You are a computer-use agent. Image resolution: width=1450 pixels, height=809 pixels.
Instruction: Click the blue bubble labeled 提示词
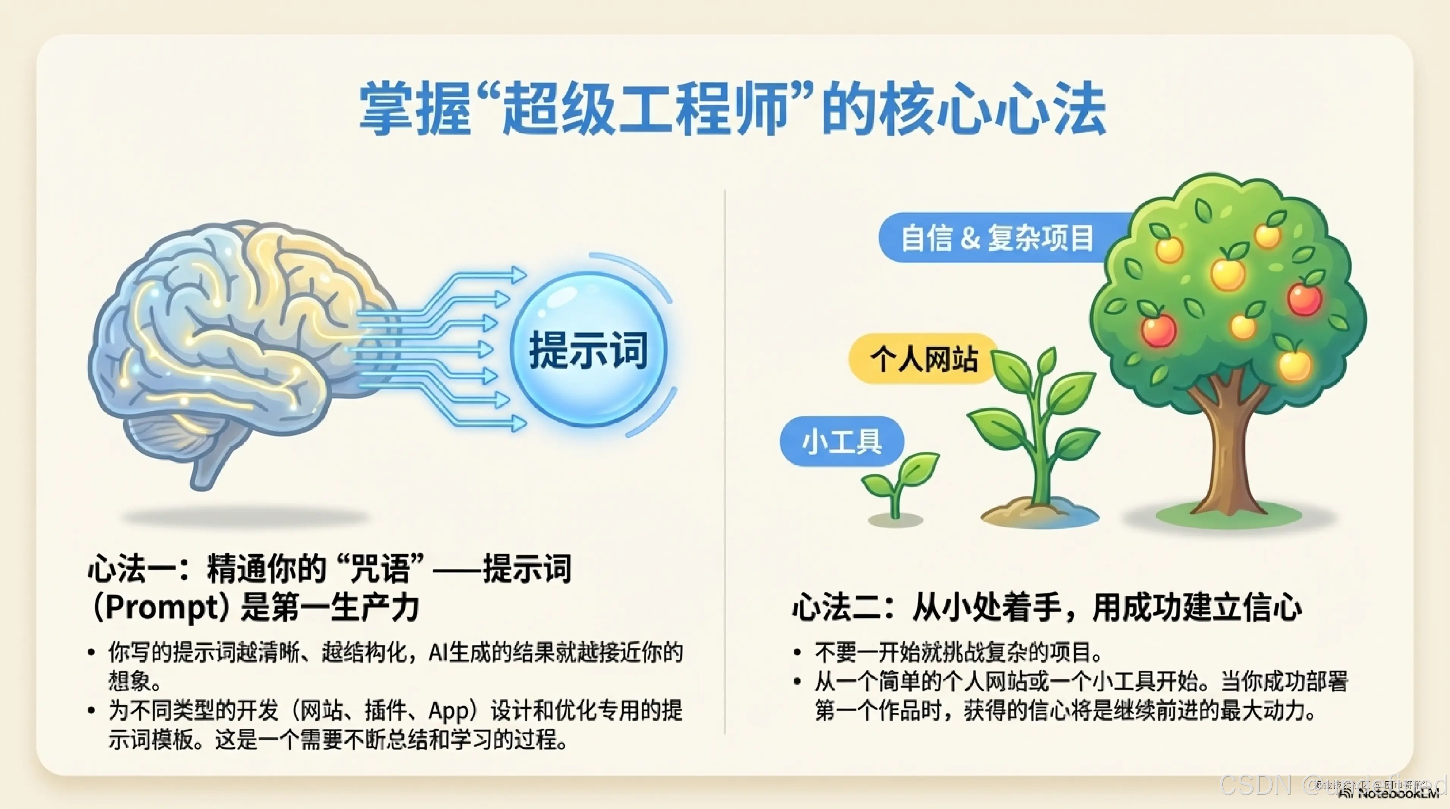[588, 349]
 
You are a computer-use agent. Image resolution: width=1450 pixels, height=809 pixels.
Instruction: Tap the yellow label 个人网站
[923, 358]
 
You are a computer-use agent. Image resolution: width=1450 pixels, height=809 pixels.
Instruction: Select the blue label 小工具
[841, 441]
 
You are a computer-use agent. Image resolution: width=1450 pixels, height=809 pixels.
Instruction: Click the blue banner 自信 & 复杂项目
[996, 237]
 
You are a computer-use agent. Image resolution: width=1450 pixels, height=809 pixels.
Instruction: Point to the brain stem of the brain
[206, 467]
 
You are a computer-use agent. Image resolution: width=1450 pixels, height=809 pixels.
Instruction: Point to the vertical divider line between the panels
[725, 461]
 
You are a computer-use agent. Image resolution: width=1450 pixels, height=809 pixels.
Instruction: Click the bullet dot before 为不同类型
[91, 710]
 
